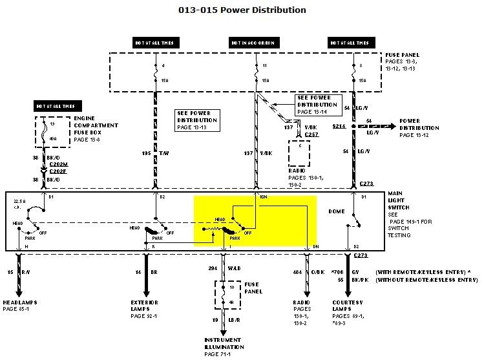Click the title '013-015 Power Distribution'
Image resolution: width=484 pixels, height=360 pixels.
pyautogui.click(x=242, y=10)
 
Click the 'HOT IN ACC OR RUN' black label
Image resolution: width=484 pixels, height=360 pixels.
pyautogui.click(x=253, y=43)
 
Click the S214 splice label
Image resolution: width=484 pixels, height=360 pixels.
pyautogui.click(x=339, y=127)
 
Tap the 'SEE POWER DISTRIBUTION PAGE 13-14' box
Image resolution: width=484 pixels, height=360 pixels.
pyautogui.click(x=317, y=105)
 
